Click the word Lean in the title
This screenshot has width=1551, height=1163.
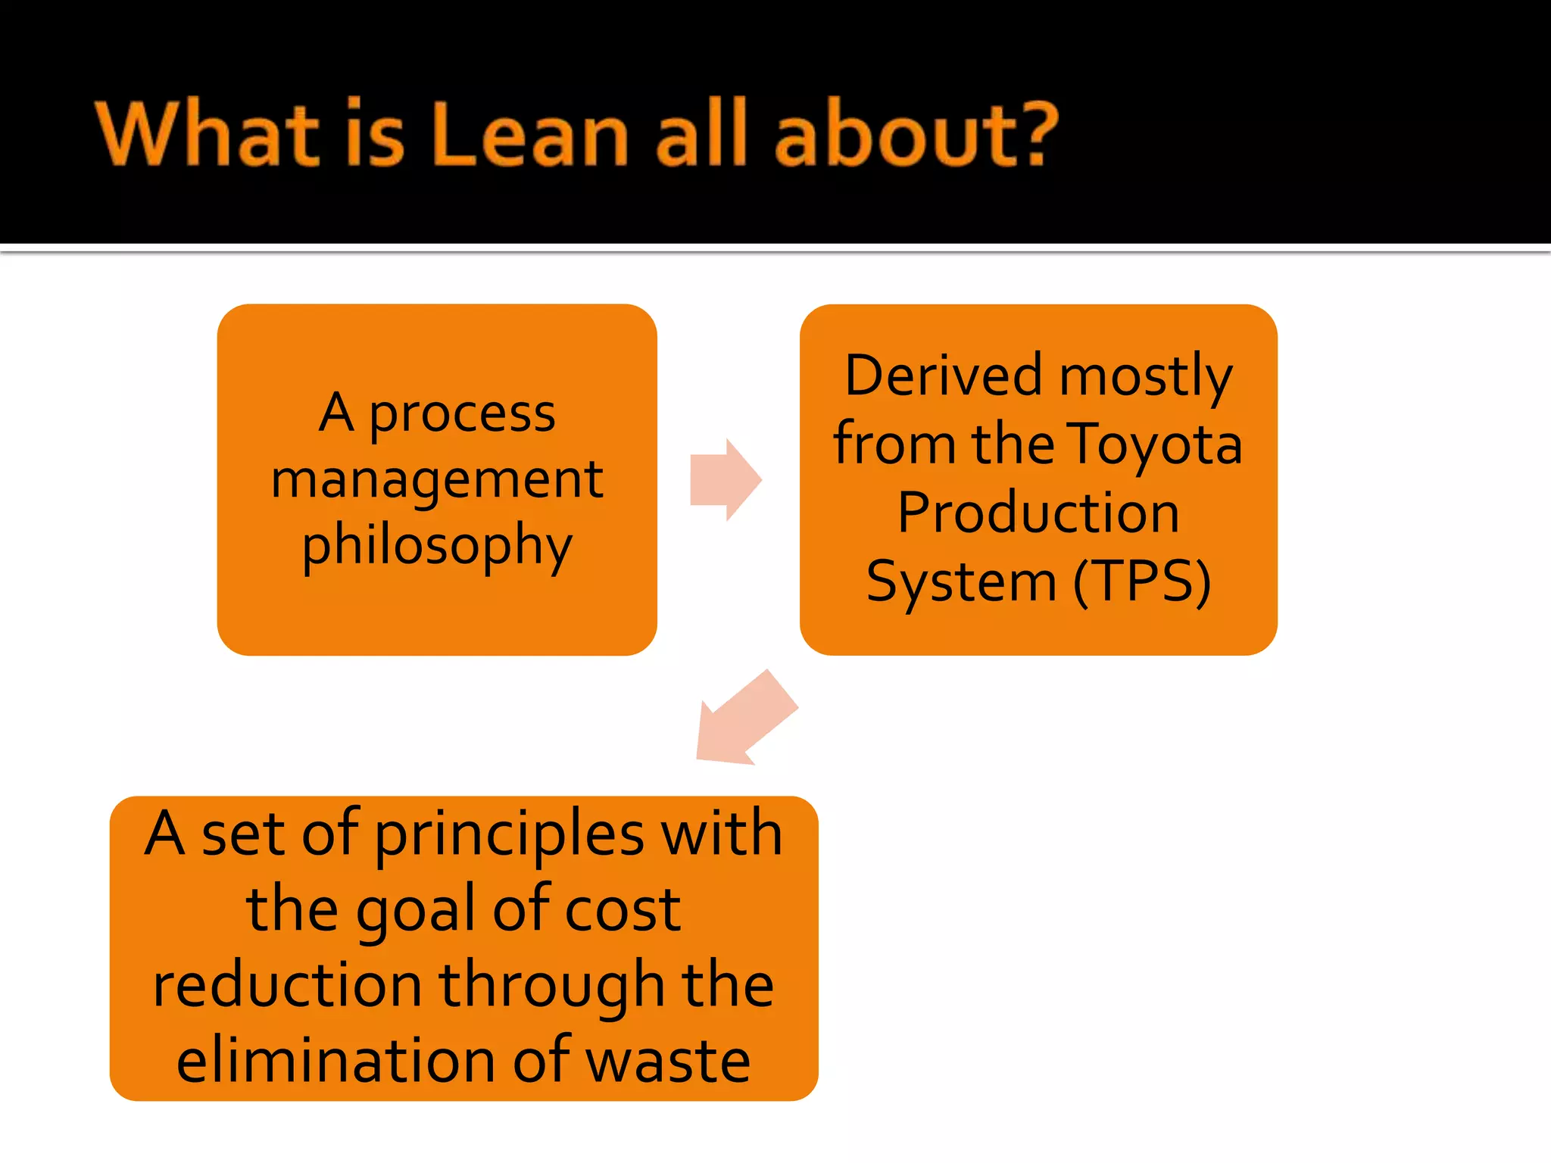(x=530, y=134)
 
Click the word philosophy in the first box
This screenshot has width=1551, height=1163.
(x=437, y=545)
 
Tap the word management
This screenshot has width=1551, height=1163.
(x=437, y=480)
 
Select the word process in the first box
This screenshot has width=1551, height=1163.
(x=462, y=415)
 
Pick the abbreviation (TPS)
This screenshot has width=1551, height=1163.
(x=1142, y=581)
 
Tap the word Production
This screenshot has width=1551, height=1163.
(x=1038, y=513)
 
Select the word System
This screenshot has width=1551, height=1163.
(x=961, y=581)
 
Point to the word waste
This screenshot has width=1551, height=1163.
(x=668, y=1060)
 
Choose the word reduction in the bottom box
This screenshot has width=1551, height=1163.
(x=287, y=984)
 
